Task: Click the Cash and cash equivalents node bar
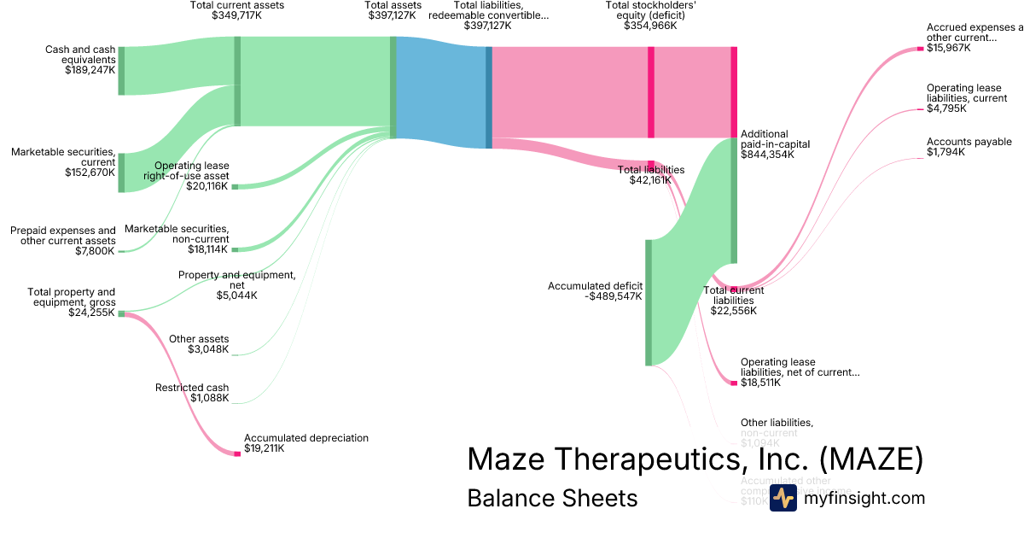coord(121,71)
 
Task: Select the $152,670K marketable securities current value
coord(90,173)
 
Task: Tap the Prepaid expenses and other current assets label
coord(63,241)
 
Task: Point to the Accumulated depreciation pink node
coord(237,453)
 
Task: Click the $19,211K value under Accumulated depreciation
coord(264,448)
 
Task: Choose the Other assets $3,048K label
coord(199,344)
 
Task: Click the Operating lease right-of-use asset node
coord(236,186)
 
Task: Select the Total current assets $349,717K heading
coord(237,10)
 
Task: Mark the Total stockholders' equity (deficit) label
coord(650,15)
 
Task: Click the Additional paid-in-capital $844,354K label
coord(775,145)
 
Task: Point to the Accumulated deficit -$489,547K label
coord(595,291)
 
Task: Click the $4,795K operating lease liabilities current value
coord(945,108)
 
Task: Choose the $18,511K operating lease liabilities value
coord(762,383)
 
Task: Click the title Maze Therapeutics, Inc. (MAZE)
coord(695,459)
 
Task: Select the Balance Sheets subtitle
coord(552,498)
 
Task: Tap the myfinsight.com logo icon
coord(783,498)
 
